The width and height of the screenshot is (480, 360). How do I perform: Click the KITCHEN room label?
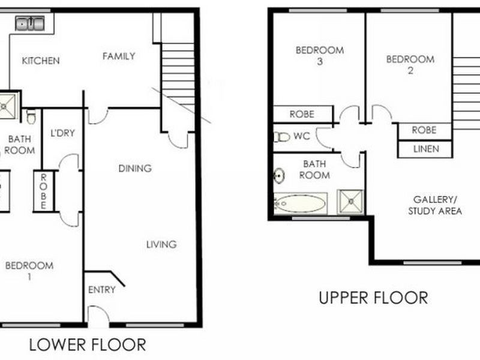(41, 61)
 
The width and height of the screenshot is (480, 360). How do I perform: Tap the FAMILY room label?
(118, 56)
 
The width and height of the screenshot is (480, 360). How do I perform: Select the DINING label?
(134, 169)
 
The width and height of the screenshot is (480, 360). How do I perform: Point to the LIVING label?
(161, 244)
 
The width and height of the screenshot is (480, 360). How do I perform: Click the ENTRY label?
(101, 290)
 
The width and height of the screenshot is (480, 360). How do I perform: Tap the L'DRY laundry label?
(62, 133)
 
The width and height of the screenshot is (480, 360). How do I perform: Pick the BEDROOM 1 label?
(29, 271)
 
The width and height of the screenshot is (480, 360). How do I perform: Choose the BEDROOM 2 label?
(410, 64)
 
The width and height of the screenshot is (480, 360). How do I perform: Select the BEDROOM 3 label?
(319, 55)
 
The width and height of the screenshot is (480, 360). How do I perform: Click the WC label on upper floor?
(302, 136)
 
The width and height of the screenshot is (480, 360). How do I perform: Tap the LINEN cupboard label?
(425, 149)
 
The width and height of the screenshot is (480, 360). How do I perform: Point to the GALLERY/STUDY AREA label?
(435, 205)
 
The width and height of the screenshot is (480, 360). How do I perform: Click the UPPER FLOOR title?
(373, 298)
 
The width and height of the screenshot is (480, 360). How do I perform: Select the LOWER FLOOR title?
(88, 345)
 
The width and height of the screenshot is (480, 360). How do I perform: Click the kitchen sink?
(30, 24)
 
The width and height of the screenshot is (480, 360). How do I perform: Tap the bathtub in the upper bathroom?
(300, 203)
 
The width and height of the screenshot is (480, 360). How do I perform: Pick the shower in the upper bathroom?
(350, 202)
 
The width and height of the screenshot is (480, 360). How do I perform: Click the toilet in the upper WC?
(281, 137)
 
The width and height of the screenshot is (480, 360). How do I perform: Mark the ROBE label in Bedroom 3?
(302, 114)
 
